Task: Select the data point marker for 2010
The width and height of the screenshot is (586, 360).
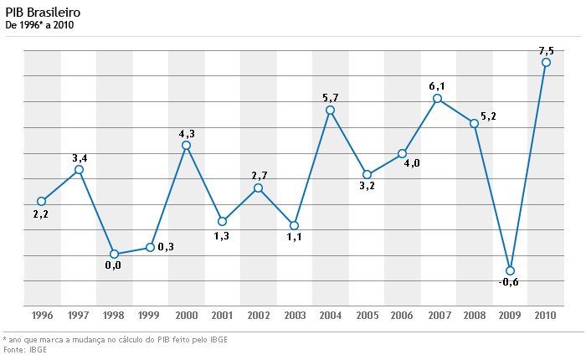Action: click(x=546, y=62)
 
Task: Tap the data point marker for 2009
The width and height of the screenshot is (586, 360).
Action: click(x=510, y=270)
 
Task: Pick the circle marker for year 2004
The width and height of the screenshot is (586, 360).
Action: click(x=330, y=110)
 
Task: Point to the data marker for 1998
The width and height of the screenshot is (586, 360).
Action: click(x=114, y=254)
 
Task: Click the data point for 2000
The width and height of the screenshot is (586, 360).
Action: click(x=186, y=145)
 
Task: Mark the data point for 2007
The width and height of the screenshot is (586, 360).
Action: click(x=438, y=99)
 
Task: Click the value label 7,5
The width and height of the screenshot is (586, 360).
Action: click(x=546, y=50)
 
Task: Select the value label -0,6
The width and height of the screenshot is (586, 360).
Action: click(x=508, y=283)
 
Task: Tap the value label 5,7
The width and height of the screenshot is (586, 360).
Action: click(x=330, y=98)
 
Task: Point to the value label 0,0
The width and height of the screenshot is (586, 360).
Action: click(x=113, y=265)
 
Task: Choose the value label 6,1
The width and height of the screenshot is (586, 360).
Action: click(x=437, y=86)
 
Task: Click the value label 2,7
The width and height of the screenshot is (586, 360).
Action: click(x=259, y=175)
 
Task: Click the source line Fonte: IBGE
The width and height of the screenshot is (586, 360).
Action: click(x=25, y=349)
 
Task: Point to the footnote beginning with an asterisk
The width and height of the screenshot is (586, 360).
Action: click(x=115, y=339)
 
